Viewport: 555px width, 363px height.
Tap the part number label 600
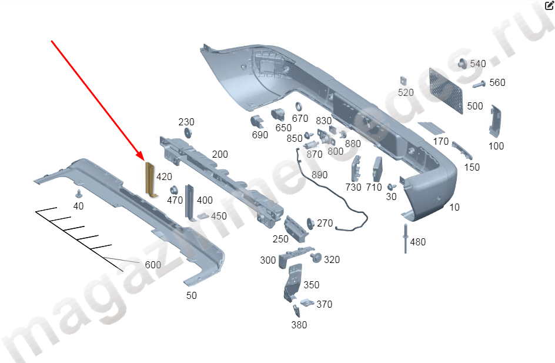153,265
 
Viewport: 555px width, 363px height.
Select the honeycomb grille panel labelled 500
446,91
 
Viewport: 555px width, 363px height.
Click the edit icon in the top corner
549,5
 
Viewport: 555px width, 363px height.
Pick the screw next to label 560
479,85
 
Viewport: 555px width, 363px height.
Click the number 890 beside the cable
319,175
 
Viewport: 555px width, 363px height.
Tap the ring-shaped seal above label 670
299,107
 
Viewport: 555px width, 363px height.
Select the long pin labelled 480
405,238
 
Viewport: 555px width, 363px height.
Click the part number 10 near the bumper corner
454,207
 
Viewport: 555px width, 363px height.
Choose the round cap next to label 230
188,133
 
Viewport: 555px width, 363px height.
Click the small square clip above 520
403,81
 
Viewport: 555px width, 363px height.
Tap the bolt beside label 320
316,257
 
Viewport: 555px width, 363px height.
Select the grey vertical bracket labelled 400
190,203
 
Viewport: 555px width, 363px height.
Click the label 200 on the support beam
220,154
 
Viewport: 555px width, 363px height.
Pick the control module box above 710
377,169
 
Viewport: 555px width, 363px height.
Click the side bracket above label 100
495,121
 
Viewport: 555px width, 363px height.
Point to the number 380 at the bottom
299,325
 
